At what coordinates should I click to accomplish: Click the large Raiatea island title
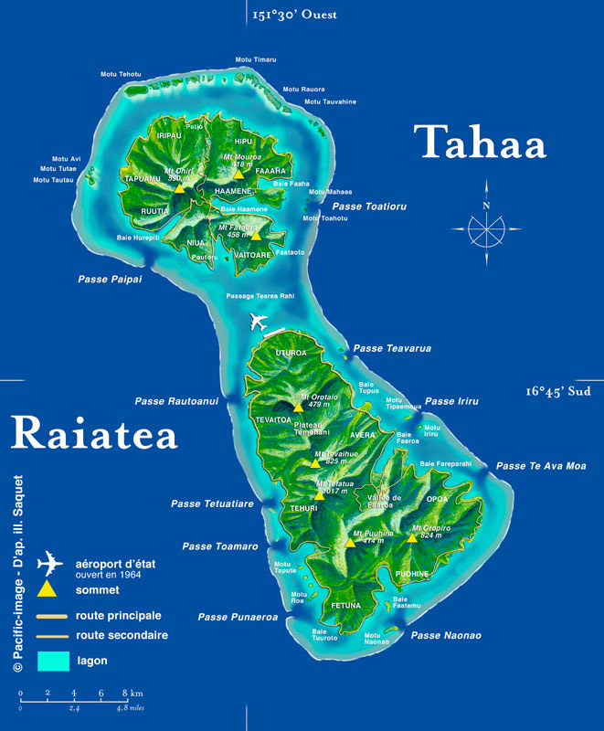[94, 432]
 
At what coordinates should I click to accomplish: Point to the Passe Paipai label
[109, 279]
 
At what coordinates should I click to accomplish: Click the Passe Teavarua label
[392, 348]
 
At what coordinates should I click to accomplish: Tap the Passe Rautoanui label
[176, 400]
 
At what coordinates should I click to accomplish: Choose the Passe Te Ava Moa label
[541, 466]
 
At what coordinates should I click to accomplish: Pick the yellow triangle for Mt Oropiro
[412, 536]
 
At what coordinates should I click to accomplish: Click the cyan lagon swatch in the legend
[52, 659]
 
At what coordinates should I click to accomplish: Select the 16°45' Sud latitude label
[558, 390]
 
